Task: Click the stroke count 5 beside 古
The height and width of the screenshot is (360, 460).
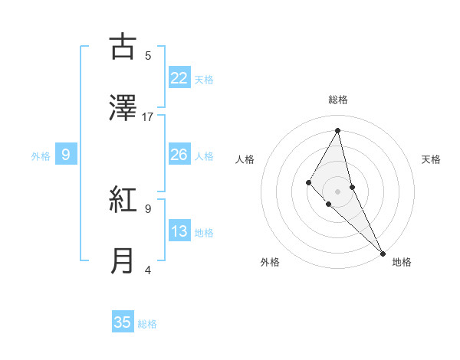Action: point(148,55)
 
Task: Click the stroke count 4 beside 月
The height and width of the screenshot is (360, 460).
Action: point(148,269)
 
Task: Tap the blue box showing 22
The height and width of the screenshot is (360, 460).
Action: point(179,77)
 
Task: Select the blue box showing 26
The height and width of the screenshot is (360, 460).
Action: point(179,155)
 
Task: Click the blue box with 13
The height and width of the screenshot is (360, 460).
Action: point(179,231)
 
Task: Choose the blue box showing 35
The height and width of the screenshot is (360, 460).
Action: point(123,322)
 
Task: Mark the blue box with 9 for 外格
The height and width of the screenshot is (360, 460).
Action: point(66,155)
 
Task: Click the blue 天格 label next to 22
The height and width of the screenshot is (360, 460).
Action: point(204,79)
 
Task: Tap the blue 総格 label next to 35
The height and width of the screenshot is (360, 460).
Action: point(147,324)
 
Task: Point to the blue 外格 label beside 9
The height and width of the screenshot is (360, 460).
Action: point(41,156)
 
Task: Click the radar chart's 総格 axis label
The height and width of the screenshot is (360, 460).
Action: point(338,100)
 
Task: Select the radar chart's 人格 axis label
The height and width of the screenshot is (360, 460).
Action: point(245,159)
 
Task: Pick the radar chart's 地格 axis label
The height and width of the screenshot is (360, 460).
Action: point(402,262)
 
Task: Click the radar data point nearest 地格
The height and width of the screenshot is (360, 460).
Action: point(382,252)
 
